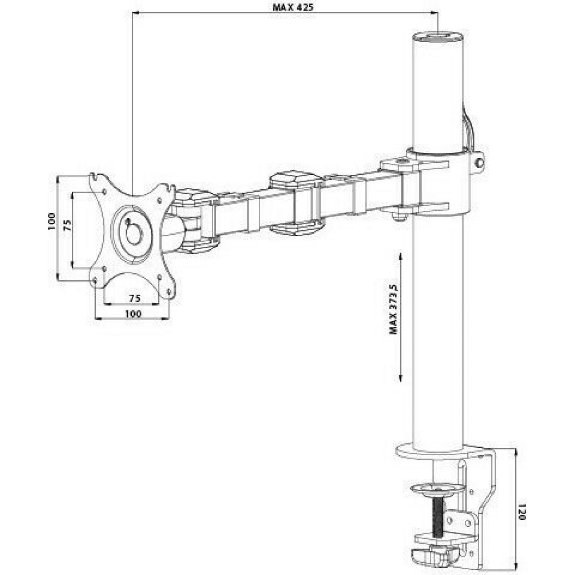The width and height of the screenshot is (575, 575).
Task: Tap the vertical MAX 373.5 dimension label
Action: (394, 309)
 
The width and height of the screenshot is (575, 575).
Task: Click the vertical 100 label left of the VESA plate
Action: (52, 221)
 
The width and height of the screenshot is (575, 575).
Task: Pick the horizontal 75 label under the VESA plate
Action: (135, 298)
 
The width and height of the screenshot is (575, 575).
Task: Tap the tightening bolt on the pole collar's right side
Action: (479, 161)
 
